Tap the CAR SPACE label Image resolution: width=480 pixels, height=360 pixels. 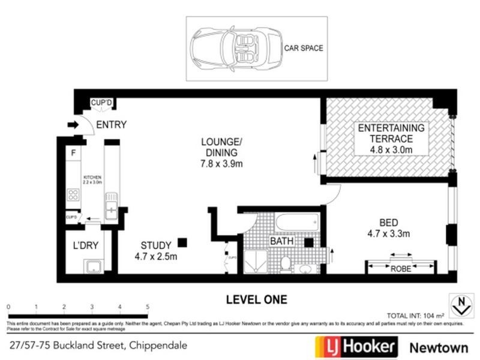[303, 48]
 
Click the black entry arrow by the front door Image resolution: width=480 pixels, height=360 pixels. [73, 125]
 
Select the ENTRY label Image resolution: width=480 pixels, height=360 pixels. [111, 125]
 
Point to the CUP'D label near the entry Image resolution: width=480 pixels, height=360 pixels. [101, 104]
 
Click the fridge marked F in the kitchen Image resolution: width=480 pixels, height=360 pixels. [73, 153]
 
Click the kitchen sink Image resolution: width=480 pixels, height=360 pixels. [111, 206]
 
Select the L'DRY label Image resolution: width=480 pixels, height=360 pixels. [85, 246]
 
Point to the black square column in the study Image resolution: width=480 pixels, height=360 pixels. [182, 242]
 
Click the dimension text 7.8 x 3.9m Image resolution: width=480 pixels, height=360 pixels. [221, 163]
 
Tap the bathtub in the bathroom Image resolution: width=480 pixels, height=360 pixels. [296, 223]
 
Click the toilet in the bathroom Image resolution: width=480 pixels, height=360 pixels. [286, 263]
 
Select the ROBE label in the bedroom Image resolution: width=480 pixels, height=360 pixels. [401, 269]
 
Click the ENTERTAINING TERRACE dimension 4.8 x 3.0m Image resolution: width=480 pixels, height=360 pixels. [391, 149]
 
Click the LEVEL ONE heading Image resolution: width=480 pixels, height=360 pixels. [256, 299]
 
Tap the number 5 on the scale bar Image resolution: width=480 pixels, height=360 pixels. [147, 307]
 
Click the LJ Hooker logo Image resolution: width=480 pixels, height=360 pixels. [356, 346]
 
